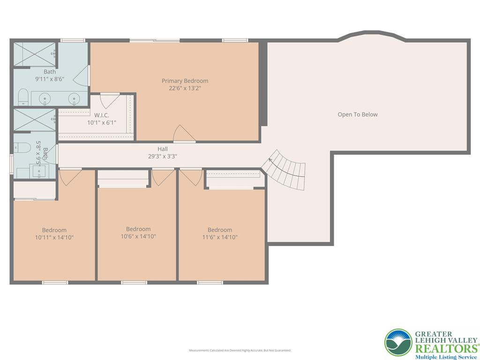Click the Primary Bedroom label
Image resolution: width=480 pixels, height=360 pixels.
click(x=185, y=81)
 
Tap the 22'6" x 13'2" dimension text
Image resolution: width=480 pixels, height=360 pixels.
click(x=185, y=88)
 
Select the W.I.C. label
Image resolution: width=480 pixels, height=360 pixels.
click(x=102, y=115)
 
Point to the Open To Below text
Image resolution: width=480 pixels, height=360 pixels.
click(x=358, y=114)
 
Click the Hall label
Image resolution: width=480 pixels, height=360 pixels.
click(x=163, y=149)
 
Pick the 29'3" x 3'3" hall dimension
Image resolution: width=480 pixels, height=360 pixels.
click(x=163, y=157)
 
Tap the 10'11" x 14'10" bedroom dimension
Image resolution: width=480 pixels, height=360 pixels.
click(x=54, y=237)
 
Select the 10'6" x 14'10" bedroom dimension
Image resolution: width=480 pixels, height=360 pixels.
click(x=138, y=236)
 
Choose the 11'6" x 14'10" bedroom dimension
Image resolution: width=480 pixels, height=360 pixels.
click(x=220, y=237)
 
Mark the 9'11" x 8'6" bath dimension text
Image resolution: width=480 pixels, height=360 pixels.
click(x=50, y=79)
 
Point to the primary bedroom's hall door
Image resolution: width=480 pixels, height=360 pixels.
click(x=184, y=134)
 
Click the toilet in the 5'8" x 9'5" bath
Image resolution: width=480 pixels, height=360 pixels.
click(x=22, y=148)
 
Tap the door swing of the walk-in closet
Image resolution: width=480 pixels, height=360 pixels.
click(x=110, y=101)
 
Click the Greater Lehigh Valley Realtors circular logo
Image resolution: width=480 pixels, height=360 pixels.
click(x=398, y=342)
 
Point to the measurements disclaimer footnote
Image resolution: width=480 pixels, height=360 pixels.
click(x=240, y=350)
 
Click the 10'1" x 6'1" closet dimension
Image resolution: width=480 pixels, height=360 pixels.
click(x=102, y=122)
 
